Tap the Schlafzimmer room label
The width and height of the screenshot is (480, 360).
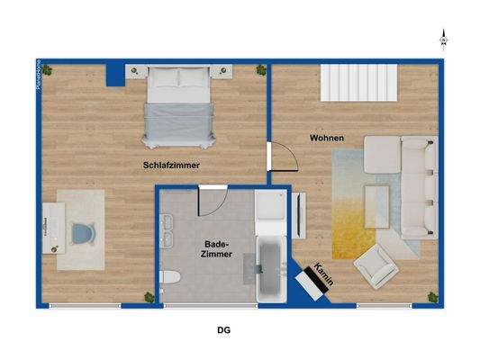point(171,166)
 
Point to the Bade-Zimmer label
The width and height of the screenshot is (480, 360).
point(219,249)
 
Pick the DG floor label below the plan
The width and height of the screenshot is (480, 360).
point(223,330)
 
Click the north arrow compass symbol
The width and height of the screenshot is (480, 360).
point(443,39)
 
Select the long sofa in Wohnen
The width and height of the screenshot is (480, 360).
point(420,184)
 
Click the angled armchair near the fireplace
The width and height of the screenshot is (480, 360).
point(374,267)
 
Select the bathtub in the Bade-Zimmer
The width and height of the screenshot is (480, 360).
point(270,269)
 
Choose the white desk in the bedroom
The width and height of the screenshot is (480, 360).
point(57,229)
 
